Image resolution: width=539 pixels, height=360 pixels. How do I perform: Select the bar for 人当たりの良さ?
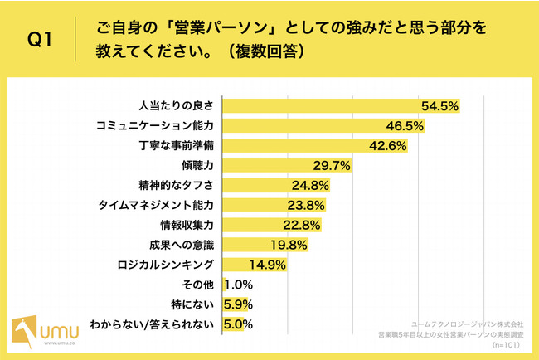[x=319, y=105]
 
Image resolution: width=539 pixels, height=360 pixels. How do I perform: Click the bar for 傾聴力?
[x=265, y=165]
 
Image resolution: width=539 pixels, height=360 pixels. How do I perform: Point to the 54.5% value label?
[x=439, y=105]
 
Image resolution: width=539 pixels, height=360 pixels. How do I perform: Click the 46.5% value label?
[x=406, y=125]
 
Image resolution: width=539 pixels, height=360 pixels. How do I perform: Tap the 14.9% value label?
[x=268, y=265]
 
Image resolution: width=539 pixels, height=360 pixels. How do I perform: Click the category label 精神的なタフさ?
[x=176, y=185]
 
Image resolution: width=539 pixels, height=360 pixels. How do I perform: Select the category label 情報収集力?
[x=187, y=225]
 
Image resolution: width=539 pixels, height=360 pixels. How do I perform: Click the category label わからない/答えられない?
[x=155, y=324]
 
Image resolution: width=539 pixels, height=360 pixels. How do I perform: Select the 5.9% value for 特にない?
[x=240, y=304]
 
